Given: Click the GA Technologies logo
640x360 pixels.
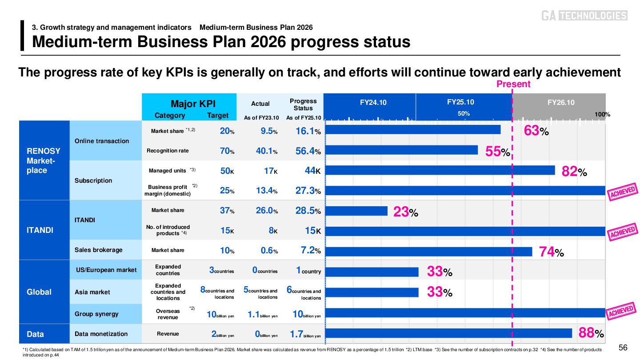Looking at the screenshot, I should pos(584,16).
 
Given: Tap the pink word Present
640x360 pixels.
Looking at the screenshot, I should pos(513,84).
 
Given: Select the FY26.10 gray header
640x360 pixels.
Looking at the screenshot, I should pos(560,103).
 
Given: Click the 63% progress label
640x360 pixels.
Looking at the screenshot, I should pos(536,132).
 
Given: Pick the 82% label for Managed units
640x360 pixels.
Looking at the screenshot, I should pos(574,171).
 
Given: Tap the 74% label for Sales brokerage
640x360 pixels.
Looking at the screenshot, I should pos(552,252).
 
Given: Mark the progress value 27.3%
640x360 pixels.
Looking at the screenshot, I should pos(308,191).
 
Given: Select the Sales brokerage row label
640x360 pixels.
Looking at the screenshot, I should pos(98,250).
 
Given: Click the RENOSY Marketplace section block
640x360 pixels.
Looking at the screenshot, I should pos(44,160).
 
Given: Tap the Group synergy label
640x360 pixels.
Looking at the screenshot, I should pos(96,314).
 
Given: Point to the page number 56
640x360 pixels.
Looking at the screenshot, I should pos(623,347).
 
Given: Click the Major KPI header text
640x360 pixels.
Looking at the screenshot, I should pos(193,104).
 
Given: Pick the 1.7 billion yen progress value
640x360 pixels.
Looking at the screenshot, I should pos(305,334).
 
